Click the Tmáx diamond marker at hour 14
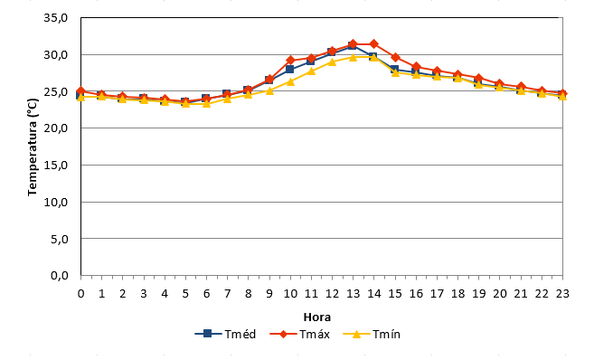pyautogui.click(x=374, y=44)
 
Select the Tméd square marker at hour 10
pyautogui.click(x=290, y=69)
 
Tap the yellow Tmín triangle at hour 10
pyautogui.click(x=290, y=81)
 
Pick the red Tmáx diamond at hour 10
pyautogui.click(x=290, y=60)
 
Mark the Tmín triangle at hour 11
pyautogui.click(x=311, y=71)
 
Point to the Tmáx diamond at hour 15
pyautogui.click(x=395, y=58)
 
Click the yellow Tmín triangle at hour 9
pyautogui.click(x=269, y=90)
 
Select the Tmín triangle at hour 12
pyautogui.click(x=332, y=62)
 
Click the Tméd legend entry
pyautogui.click(x=225, y=335)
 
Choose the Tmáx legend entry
pyautogui.click(x=299, y=335)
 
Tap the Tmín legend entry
pyautogui.click(x=372, y=335)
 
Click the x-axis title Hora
pyautogui.click(x=317, y=317)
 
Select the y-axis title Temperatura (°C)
pyautogui.click(x=33, y=147)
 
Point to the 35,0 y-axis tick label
pyautogui.click(x=56, y=18)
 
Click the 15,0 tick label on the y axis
pyautogui.click(x=56, y=166)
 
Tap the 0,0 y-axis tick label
pyautogui.click(x=60, y=276)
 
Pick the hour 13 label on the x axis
pyautogui.click(x=354, y=294)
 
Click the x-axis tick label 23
pyautogui.click(x=562, y=294)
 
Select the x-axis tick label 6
pyautogui.click(x=206, y=294)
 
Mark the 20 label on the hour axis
pyautogui.click(x=500, y=294)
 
